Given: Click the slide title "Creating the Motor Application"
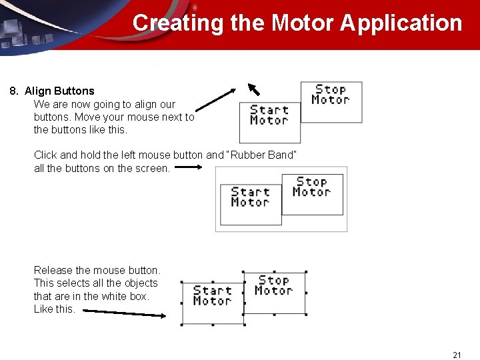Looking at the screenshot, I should (297, 23).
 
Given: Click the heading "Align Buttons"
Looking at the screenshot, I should (59, 91).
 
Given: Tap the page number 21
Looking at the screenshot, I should (457, 355).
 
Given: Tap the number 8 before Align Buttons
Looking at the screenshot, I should (13, 91).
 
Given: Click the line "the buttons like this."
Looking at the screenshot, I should (80, 129).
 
